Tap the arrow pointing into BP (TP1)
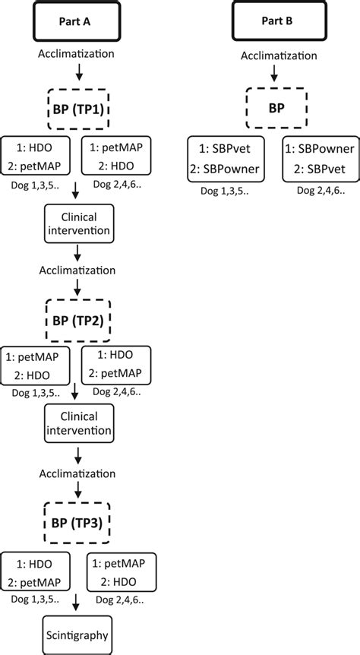pos(79,74)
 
